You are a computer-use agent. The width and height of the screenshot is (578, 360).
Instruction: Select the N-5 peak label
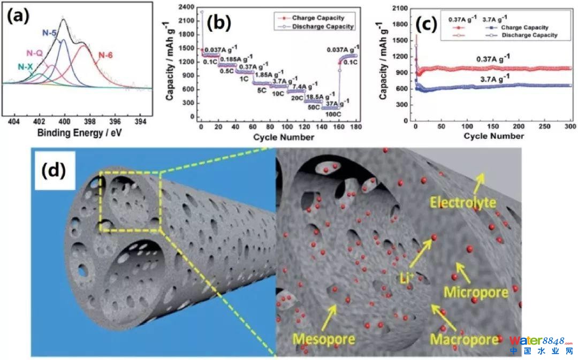tap(50, 33)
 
